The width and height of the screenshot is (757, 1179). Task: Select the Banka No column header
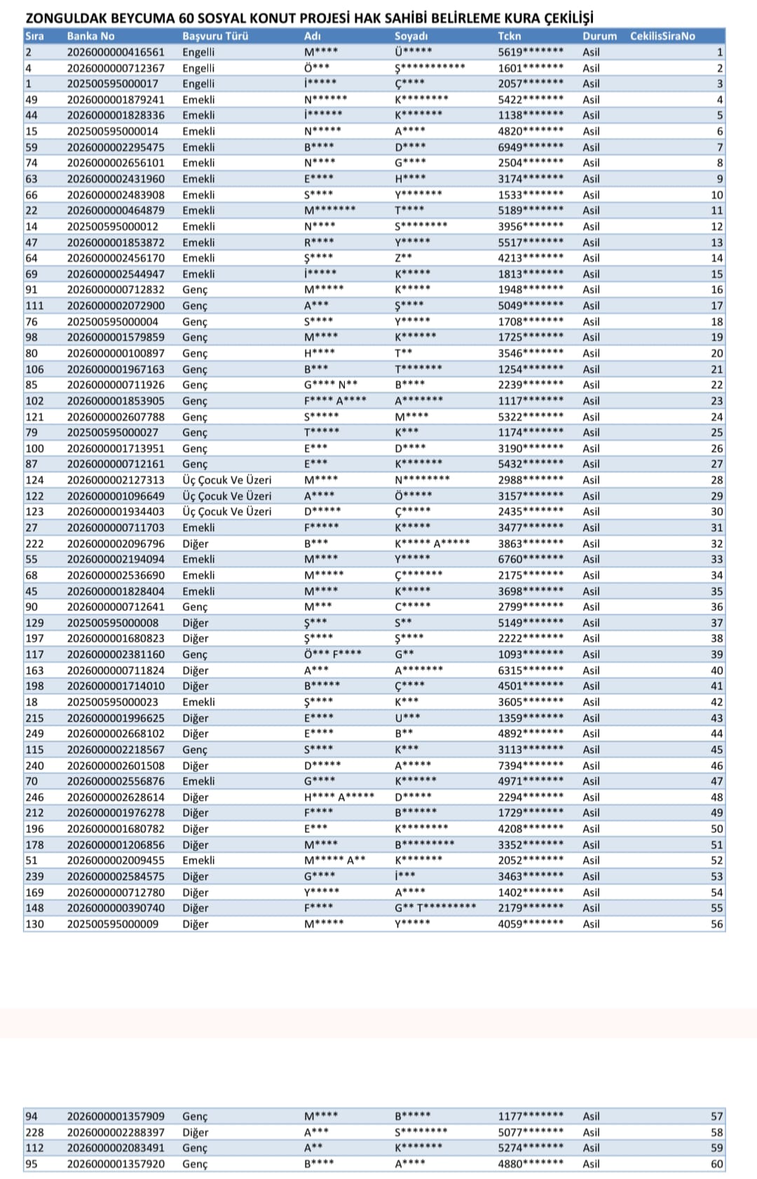90,36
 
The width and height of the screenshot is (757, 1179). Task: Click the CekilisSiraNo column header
662,36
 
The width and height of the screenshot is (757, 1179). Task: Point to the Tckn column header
510,36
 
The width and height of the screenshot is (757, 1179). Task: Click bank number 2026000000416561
116,52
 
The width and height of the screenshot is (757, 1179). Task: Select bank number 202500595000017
112,83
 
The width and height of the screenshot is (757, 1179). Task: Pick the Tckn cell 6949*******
531,147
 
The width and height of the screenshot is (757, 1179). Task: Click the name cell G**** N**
331,385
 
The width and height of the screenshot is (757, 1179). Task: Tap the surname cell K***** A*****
432,544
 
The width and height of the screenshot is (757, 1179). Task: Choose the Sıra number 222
34,544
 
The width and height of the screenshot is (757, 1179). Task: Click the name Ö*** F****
333,654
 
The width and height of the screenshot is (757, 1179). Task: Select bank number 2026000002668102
116,733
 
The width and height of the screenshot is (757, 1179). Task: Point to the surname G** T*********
435,908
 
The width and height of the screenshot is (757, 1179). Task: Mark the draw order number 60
716,1164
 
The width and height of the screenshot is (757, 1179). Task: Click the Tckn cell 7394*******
531,766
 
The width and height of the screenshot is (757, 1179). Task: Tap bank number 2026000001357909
116,1116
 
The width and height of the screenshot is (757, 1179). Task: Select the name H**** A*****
339,797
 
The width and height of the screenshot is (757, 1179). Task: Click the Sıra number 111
34,305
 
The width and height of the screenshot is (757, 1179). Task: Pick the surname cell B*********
424,845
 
